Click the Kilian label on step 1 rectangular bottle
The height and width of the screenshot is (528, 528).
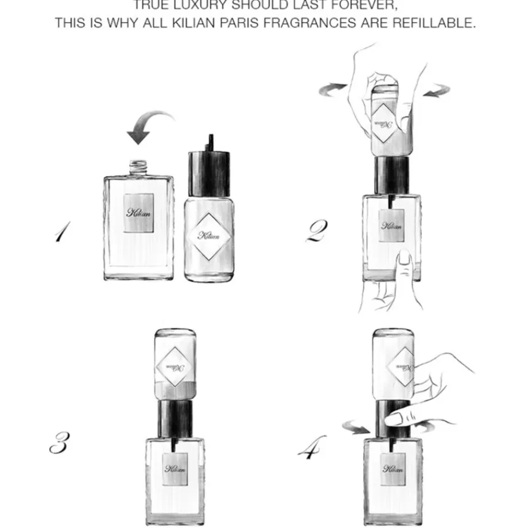139,213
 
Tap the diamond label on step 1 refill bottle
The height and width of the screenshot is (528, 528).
209,235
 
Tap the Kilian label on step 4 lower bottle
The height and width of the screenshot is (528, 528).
392,468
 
